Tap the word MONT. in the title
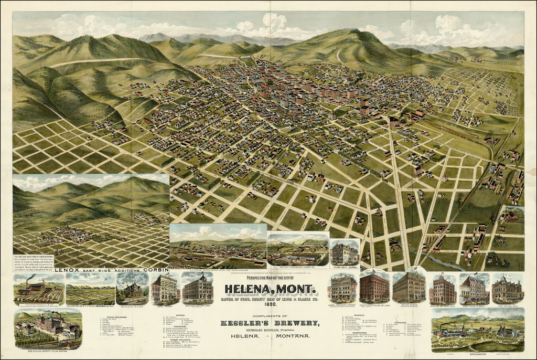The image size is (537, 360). [297, 289]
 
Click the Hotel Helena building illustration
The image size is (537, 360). [164, 289]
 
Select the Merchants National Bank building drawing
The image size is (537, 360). [198, 289]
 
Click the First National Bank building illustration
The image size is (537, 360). [507, 289]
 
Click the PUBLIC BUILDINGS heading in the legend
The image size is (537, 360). [118, 317]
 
